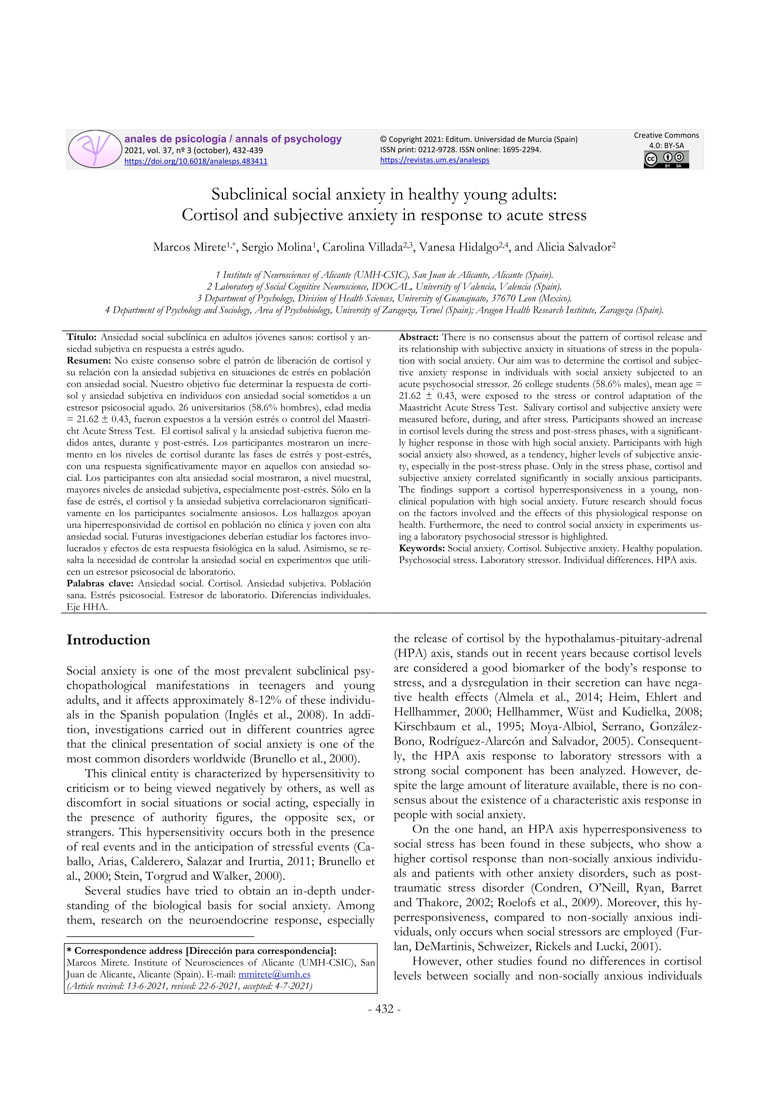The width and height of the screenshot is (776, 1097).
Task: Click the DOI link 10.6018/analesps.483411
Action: [196, 161]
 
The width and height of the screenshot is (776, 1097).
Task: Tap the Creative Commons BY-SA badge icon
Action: [666, 160]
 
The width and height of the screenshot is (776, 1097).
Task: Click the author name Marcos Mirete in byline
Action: [189, 247]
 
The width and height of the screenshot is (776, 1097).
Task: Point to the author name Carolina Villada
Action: [362, 247]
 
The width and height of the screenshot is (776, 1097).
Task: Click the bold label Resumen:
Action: [89, 361]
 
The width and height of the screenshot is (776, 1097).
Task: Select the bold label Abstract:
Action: [419, 337]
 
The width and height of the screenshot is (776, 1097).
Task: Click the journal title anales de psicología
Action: [175, 139]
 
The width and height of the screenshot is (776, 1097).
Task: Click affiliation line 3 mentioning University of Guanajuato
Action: [384, 299]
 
